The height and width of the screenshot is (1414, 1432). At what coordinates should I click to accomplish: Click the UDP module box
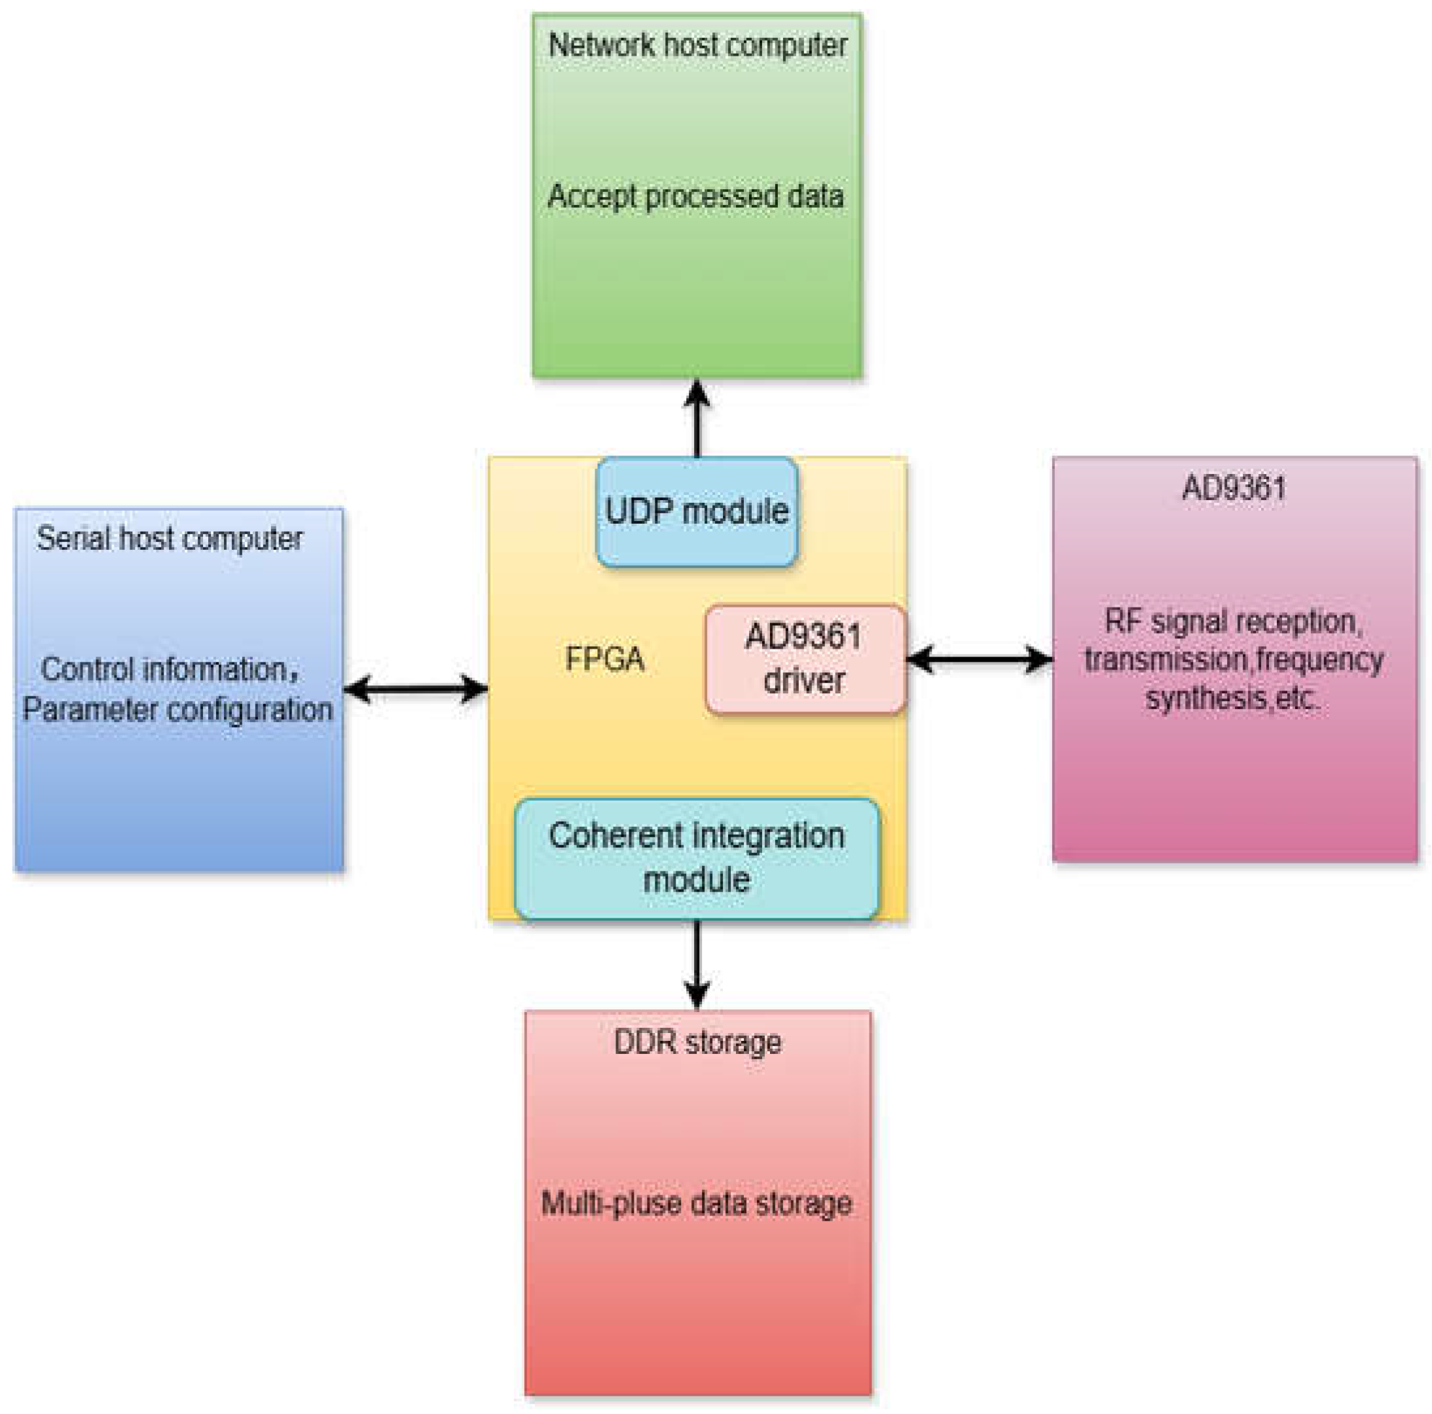pyautogui.click(x=697, y=511)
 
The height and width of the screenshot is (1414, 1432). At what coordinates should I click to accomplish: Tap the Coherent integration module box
pyautogui.click(x=697, y=858)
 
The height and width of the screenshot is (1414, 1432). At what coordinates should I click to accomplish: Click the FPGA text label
pyautogui.click(x=604, y=658)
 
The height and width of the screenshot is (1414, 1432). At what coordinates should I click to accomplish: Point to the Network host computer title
pyautogui.click(x=697, y=46)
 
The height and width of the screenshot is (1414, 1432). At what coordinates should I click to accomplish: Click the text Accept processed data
pyautogui.click(x=695, y=197)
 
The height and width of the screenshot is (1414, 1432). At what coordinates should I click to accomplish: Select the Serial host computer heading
pyautogui.click(x=170, y=539)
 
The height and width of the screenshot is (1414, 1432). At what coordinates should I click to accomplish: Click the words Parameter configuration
pyautogui.click(x=177, y=709)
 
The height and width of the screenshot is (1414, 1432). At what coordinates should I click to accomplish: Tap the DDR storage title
pyautogui.click(x=697, y=1043)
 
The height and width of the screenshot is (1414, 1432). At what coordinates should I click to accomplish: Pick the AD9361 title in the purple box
pyautogui.click(x=1234, y=488)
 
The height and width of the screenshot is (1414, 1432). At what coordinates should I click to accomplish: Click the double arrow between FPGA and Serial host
pyautogui.click(x=416, y=689)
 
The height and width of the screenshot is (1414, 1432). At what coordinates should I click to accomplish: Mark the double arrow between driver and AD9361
pyautogui.click(x=979, y=658)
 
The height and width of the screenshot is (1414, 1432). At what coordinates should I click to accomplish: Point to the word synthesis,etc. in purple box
pyautogui.click(x=1232, y=698)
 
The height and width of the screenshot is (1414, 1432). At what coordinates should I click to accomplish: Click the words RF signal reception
pyautogui.click(x=1232, y=621)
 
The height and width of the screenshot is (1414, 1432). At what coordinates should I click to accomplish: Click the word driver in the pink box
pyautogui.click(x=803, y=680)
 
